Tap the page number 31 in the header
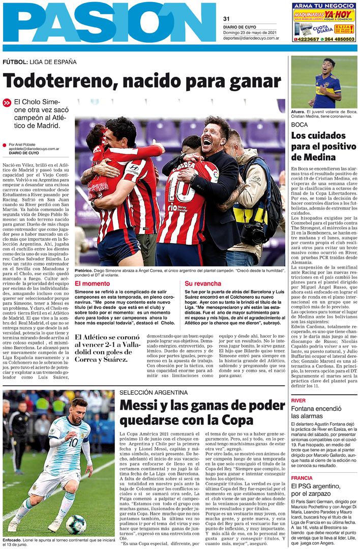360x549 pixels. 227,19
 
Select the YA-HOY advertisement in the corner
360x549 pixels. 324,22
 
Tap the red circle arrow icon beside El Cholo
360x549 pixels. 7,103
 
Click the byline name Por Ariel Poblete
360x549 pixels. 25,144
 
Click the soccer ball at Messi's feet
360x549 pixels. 76,524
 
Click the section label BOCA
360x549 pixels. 300,125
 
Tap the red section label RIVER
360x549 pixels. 298,400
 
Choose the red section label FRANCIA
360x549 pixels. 302,478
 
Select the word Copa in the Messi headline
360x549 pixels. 237,420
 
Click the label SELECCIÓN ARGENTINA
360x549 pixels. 155,393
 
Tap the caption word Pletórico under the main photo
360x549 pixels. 83,271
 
